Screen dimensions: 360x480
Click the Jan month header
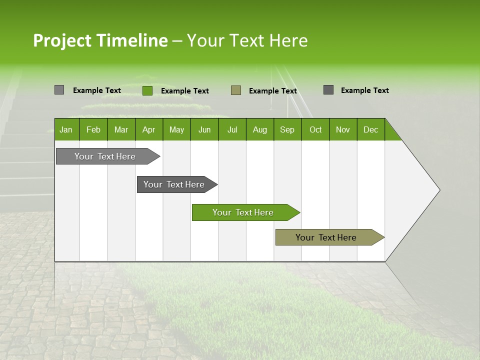tap(66, 129)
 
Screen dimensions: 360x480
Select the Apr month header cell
tap(149, 129)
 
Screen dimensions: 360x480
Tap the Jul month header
tap(232, 129)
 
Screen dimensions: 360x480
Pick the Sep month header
tap(287, 129)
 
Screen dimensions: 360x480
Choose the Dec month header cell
tap(370, 129)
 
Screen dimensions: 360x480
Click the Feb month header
tap(93, 129)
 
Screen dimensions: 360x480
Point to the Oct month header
tap(315, 129)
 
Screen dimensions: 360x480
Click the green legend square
tap(147, 90)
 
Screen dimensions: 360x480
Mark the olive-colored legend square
tap(236, 90)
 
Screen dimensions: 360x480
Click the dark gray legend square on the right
tap(328, 90)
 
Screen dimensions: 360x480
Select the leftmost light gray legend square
tap(59, 90)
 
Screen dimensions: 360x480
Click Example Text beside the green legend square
tap(185, 91)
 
